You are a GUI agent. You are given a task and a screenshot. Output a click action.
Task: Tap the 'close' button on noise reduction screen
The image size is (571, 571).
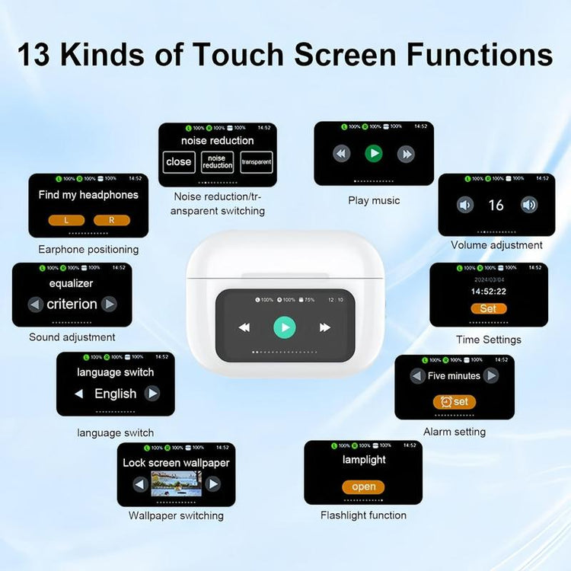click(179, 161)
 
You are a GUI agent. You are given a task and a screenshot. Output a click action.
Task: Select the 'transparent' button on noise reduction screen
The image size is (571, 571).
click(257, 162)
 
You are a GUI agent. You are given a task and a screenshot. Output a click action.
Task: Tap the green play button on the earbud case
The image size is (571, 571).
click(285, 327)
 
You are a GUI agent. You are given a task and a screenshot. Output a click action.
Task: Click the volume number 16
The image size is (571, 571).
click(496, 205)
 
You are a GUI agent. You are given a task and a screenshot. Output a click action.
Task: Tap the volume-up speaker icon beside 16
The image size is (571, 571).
click(529, 205)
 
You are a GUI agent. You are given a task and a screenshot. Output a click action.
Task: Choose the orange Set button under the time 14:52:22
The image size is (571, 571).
click(488, 308)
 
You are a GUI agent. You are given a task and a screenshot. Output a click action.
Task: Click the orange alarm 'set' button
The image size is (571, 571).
click(455, 401)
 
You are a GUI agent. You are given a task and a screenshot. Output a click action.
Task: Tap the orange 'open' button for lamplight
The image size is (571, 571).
click(363, 486)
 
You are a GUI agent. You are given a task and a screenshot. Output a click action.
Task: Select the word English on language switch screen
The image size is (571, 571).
click(115, 394)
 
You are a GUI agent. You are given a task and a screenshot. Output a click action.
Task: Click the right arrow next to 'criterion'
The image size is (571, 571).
click(110, 304)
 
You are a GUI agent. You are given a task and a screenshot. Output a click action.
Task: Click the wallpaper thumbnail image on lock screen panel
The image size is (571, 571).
click(176, 483)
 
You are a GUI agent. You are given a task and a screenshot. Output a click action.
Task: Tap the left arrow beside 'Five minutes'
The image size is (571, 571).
click(416, 375)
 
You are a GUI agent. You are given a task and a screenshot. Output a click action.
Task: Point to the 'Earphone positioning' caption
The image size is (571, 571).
click(88, 250)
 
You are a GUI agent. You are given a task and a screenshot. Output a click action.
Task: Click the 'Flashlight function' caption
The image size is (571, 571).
click(363, 515)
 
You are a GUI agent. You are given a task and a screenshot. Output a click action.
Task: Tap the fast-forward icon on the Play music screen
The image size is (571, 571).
click(407, 154)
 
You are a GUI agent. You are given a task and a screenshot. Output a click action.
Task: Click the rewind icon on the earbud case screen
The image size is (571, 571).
click(244, 327)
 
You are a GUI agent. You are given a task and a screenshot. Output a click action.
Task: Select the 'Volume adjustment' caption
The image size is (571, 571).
click(496, 245)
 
